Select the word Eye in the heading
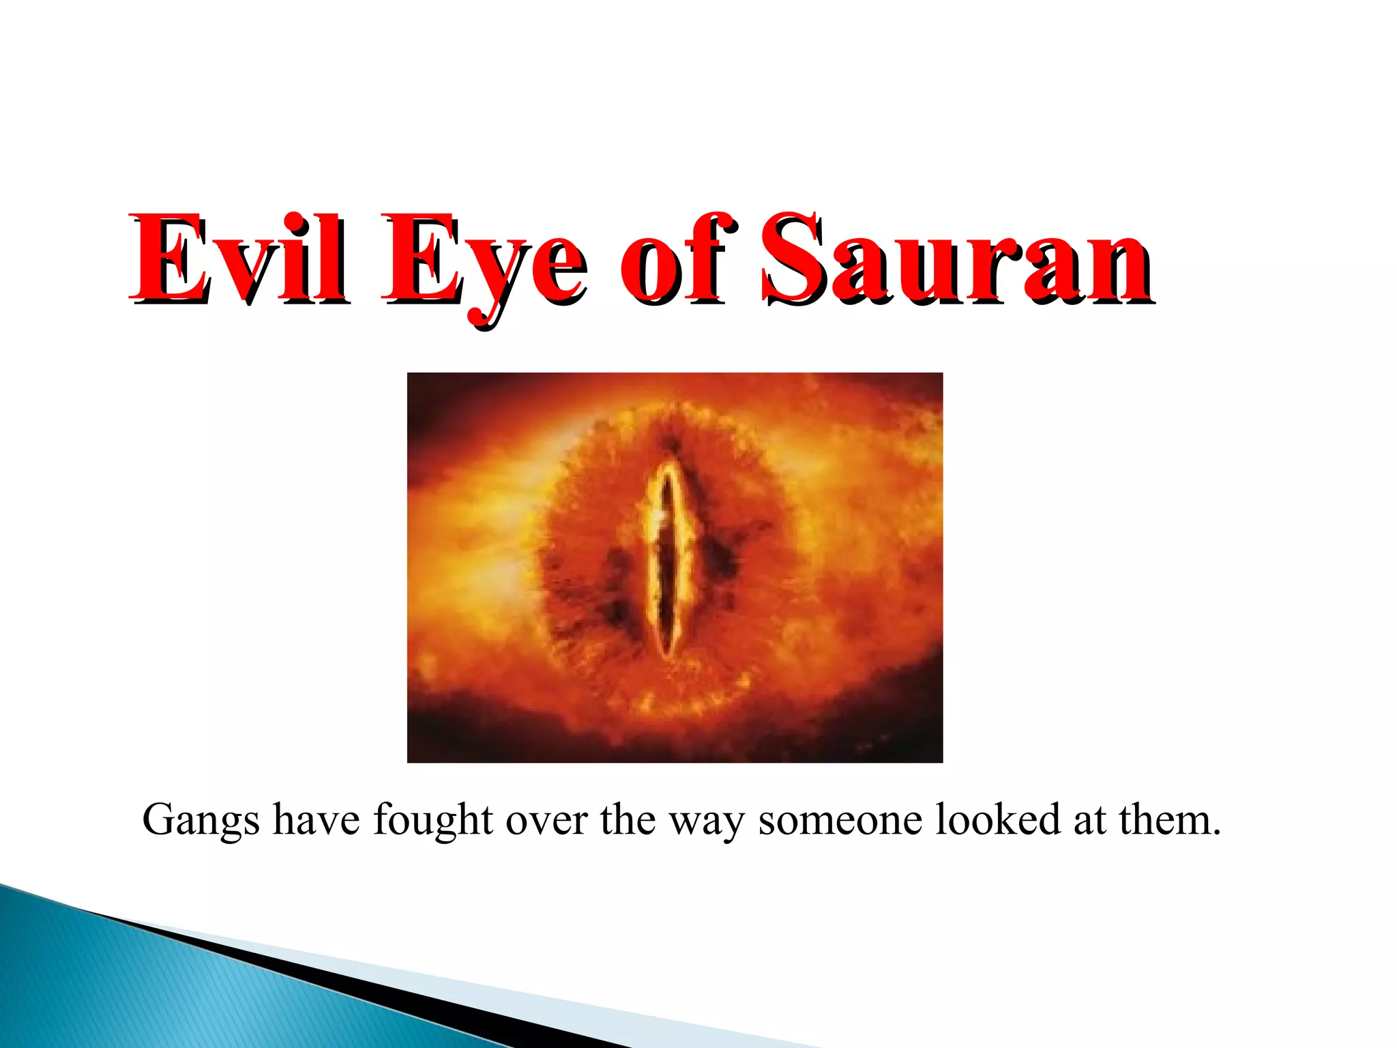pos(484,263)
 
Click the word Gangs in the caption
pos(201,821)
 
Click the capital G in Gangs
pos(158,819)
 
